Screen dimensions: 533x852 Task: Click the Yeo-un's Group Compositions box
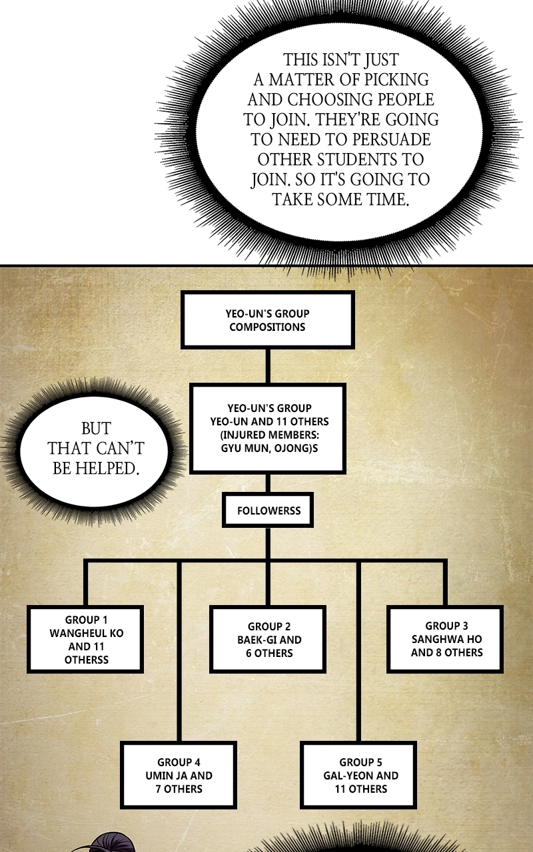coord(268,320)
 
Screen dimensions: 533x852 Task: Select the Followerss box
coord(268,510)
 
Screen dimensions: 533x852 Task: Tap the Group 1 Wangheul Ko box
coord(85,640)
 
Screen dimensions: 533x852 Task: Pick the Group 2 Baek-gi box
coord(268,640)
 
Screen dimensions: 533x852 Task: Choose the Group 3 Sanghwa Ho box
coord(446,640)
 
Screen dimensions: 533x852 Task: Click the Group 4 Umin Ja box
coord(179,775)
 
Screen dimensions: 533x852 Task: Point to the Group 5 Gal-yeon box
coord(359,775)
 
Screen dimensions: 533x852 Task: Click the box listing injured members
coord(268,428)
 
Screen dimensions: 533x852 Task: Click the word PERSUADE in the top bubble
coord(391,139)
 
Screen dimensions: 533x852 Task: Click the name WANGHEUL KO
coord(87,633)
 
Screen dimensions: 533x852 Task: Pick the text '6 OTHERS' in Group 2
coord(269,653)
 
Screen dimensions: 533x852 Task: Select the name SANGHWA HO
coord(446,639)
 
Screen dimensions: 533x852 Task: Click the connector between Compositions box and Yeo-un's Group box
coord(268,366)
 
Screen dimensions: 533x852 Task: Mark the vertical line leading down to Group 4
coord(179,651)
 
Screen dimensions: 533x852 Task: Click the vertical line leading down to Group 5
coord(358,651)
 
